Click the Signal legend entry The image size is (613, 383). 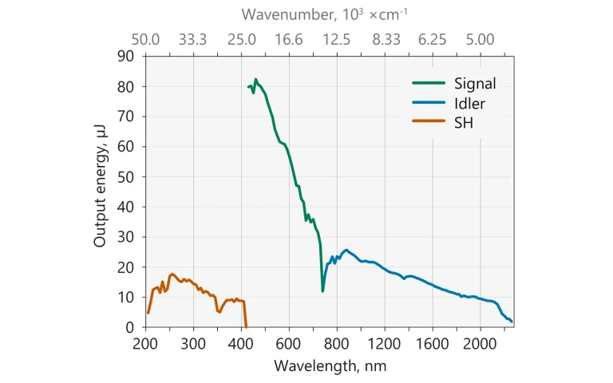click(x=474, y=84)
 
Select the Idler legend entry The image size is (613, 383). click(x=469, y=103)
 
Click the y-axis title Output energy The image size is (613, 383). click(x=100, y=191)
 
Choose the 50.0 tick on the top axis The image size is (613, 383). click(x=146, y=39)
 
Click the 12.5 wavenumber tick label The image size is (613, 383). click(x=337, y=39)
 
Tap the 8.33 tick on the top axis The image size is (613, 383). click(x=385, y=39)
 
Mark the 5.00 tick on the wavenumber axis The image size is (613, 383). click(x=481, y=39)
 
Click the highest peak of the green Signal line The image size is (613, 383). click(x=256, y=79)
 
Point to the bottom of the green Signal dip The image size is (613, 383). click(x=322, y=290)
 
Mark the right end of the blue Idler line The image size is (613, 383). click(x=512, y=322)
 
